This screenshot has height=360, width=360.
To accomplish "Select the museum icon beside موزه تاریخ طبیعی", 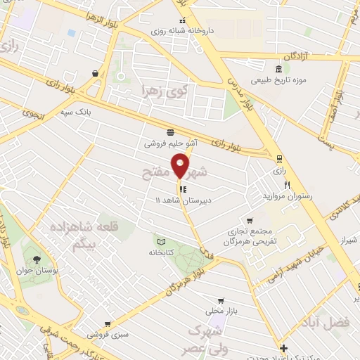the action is click(x=279, y=69).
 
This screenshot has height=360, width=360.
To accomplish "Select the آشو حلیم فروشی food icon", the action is click(x=169, y=131).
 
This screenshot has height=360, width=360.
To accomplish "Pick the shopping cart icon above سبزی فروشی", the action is click(x=107, y=324).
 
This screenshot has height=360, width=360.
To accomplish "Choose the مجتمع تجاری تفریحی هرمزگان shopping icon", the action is click(x=247, y=219).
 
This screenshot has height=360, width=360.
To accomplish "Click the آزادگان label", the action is click(x=296, y=55).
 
